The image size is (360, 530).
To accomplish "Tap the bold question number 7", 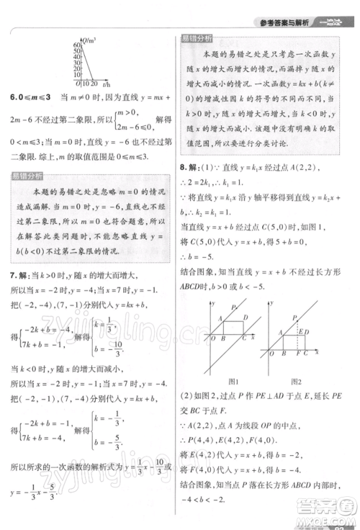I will click(12, 277).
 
